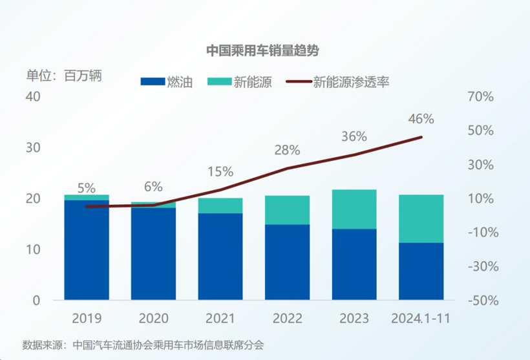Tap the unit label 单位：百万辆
point(64,75)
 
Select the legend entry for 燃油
point(166,82)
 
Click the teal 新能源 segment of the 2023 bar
point(354,209)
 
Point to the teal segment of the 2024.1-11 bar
point(421,218)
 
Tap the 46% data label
point(421,119)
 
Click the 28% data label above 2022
point(287,151)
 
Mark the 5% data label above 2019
point(86,188)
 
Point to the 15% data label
point(220,171)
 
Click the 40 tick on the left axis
point(33,97)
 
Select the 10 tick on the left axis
point(33,249)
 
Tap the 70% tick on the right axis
point(480,97)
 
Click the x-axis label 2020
point(154,319)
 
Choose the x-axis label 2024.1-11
point(421,319)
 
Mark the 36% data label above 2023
point(354,136)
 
